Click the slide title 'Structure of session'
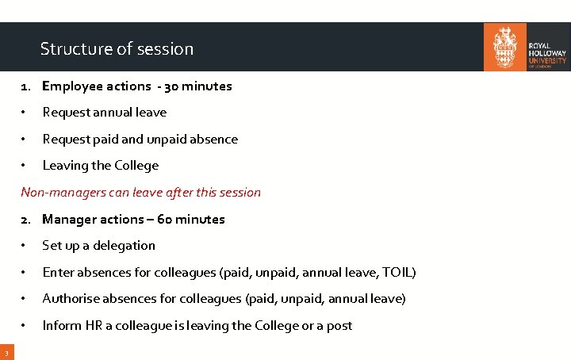(x=117, y=48)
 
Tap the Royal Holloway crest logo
(x=504, y=47)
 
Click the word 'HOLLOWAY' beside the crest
(x=547, y=53)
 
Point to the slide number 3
(x=5, y=352)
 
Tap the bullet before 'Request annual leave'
(x=25, y=113)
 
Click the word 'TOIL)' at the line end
(x=399, y=272)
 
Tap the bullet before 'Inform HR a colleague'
(x=25, y=326)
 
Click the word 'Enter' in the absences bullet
(x=58, y=272)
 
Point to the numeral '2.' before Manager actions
(x=26, y=219)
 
